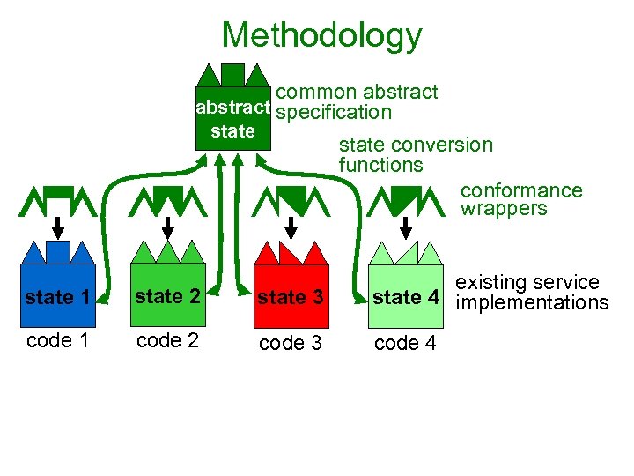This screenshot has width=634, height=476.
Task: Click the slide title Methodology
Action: pos(321,36)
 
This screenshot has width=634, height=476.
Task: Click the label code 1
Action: pos(57,341)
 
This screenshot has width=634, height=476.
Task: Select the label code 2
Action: pos(167,341)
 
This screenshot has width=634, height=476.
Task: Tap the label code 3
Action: pos(290,343)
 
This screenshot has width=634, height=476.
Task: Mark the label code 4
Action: pos(405,343)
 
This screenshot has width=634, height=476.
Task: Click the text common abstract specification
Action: pos(357,102)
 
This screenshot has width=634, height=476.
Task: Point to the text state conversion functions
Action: pos(416,154)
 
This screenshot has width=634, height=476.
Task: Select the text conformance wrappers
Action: pos(521,200)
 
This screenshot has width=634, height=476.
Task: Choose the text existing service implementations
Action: pos(531,293)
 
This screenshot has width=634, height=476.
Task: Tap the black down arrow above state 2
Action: pos(167,225)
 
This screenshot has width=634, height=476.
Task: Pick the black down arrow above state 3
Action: pos(290,225)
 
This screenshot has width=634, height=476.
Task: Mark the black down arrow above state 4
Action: pos(406,225)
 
